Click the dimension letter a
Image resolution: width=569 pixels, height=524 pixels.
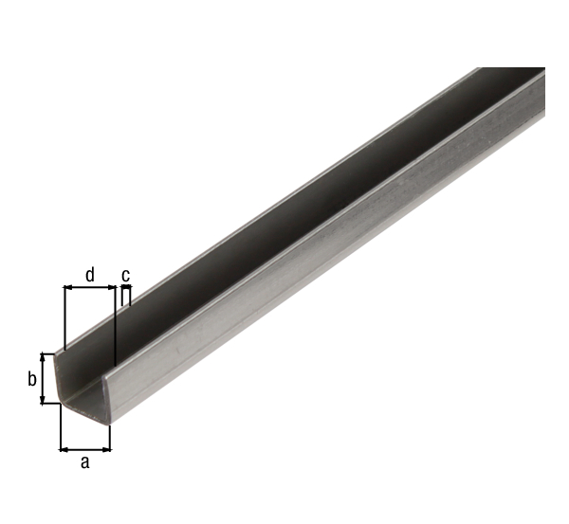[x=84, y=462]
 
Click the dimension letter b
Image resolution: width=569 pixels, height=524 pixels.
[x=32, y=379]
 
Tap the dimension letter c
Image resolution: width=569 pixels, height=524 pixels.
[x=125, y=275]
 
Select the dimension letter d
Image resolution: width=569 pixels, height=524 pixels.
[x=90, y=275]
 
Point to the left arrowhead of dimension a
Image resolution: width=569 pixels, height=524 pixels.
[x=64, y=450]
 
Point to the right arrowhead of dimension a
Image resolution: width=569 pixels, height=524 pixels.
[x=106, y=450]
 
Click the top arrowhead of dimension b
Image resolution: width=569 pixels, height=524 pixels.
[x=44, y=357]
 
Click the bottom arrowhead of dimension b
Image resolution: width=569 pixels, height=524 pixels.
[x=44, y=399]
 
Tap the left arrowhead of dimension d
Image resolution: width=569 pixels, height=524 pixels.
[x=68, y=287]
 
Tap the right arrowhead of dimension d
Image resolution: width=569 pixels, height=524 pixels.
[x=111, y=287]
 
